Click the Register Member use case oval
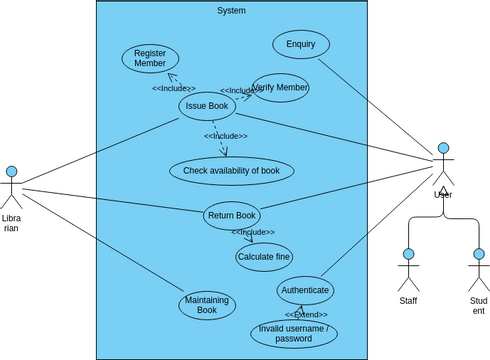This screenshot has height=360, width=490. (150, 58)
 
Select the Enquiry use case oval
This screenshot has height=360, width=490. (301, 44)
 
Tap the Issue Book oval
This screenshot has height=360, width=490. (207, 106)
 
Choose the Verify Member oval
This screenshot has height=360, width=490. (280, 88)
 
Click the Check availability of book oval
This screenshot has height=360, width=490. (231, 171)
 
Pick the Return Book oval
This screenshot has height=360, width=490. (232, 215)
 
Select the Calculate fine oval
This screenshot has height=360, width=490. (264, 257)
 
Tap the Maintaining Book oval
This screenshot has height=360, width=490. (207, 305)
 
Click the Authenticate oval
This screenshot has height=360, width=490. (305, 290)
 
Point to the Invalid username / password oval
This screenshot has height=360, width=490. (293, 333)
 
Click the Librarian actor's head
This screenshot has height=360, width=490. (12, 172)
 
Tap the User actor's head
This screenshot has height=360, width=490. (443, 148)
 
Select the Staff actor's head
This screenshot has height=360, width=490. (408, 255)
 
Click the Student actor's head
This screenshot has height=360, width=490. (478, 255)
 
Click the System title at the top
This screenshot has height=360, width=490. (231, 11)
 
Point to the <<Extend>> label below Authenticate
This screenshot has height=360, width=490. (306, 315)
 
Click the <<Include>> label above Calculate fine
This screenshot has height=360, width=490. (253, 232)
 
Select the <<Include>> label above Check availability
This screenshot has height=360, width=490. (226, 136)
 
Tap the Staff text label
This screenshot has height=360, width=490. (408, 300)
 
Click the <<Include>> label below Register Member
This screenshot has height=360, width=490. (174, 88)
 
